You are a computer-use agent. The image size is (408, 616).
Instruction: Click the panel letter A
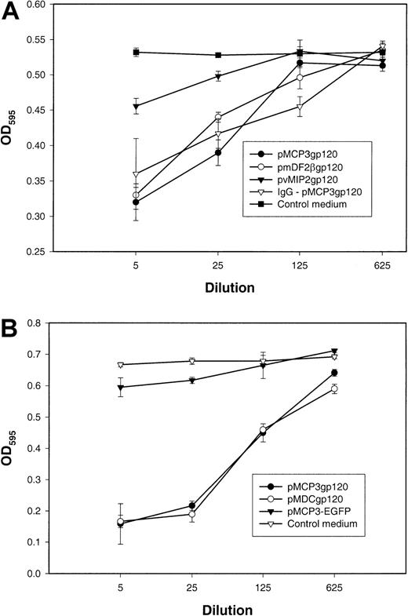pos(16,15)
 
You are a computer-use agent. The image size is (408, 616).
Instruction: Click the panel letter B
pos(16,321)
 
